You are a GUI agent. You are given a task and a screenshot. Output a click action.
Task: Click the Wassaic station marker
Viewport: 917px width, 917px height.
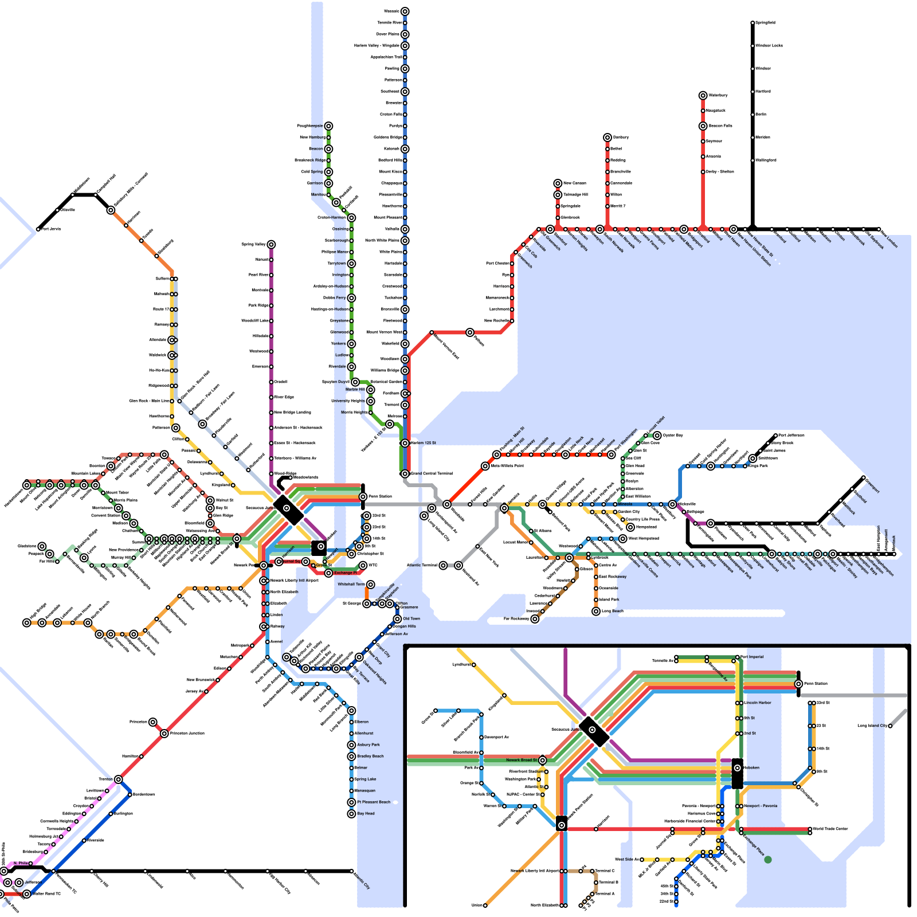405,11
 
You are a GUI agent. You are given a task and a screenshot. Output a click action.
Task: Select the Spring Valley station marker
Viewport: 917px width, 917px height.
271,245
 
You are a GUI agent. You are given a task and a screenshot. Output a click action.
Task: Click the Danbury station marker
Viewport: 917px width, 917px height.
608,138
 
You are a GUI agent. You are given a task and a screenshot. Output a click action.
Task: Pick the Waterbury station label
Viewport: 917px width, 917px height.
718,95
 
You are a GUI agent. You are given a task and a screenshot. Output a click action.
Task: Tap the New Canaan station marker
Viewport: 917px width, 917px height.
558,183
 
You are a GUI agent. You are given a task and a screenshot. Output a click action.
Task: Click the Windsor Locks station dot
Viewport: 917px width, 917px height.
753,46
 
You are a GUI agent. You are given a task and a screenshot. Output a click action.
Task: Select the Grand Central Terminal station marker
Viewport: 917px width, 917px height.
405,474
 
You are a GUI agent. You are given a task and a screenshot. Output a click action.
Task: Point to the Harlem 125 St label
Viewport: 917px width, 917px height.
424,443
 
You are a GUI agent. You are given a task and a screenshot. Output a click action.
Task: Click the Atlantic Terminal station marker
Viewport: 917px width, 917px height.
443,566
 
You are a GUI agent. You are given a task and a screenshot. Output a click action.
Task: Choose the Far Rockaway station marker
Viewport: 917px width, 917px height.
535,619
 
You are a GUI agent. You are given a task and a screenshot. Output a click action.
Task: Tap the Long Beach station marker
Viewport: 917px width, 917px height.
596,612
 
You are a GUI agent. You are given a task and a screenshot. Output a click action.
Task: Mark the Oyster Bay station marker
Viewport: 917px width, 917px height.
657,436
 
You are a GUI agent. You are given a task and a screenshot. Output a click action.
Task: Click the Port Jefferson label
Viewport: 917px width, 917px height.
791,436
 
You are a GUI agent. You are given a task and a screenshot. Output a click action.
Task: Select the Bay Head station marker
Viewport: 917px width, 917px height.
351,814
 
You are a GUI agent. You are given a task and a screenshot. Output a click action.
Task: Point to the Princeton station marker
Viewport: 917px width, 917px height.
152,722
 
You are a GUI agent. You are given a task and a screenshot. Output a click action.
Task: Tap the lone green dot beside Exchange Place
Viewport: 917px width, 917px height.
768,859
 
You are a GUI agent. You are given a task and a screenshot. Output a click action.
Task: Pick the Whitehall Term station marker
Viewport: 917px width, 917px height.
371,585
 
